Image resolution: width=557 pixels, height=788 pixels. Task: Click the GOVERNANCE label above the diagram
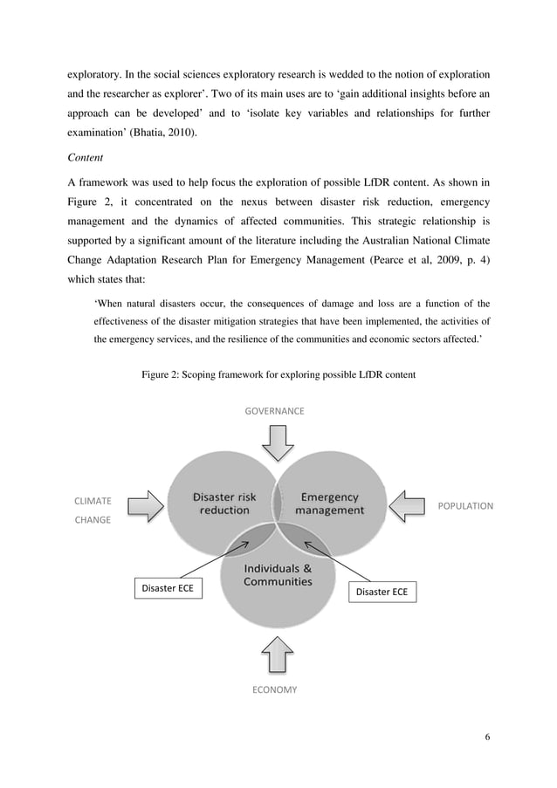(x=275, y=410)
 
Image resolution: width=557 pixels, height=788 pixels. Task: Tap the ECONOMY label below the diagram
(x=274, y=689)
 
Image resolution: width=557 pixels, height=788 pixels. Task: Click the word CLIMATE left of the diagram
(x=92, y=501)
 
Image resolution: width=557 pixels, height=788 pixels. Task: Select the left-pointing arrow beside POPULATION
(x=409, y=504)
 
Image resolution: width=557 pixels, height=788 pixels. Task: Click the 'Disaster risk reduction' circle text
(x=224, y=504)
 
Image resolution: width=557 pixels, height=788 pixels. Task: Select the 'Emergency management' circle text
(x=329, y=504)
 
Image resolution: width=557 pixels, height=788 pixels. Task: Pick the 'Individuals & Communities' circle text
(x=278, y=575)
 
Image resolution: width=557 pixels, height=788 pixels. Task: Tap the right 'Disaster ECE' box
(x=382, y=593)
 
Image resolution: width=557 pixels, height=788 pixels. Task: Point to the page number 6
(x=488, y=737)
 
